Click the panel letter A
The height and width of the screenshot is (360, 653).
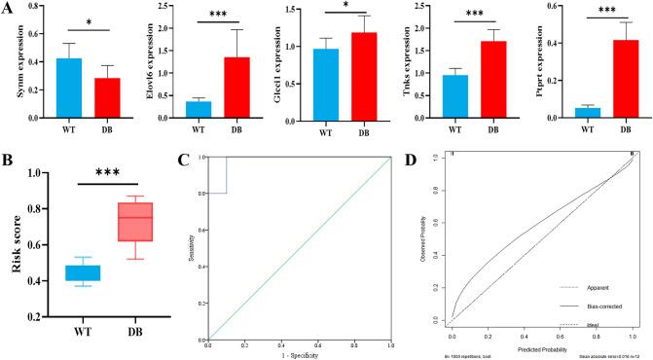[8, 9]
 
